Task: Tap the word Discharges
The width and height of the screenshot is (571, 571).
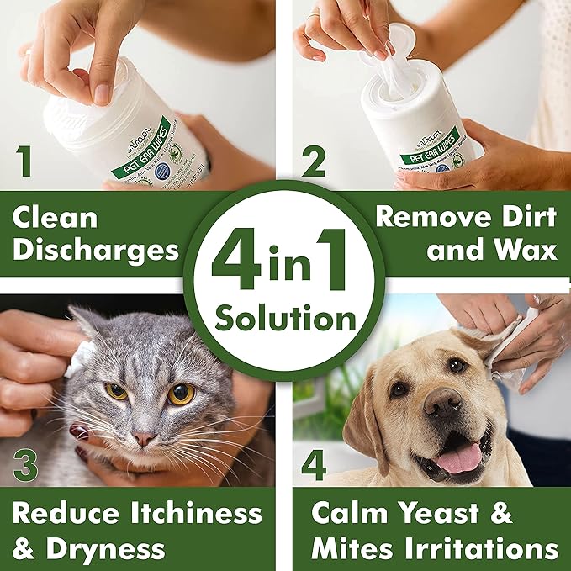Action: click(98, 250)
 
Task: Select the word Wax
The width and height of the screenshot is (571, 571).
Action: click(521, 250)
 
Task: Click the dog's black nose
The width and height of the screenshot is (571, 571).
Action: click(443, 405)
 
